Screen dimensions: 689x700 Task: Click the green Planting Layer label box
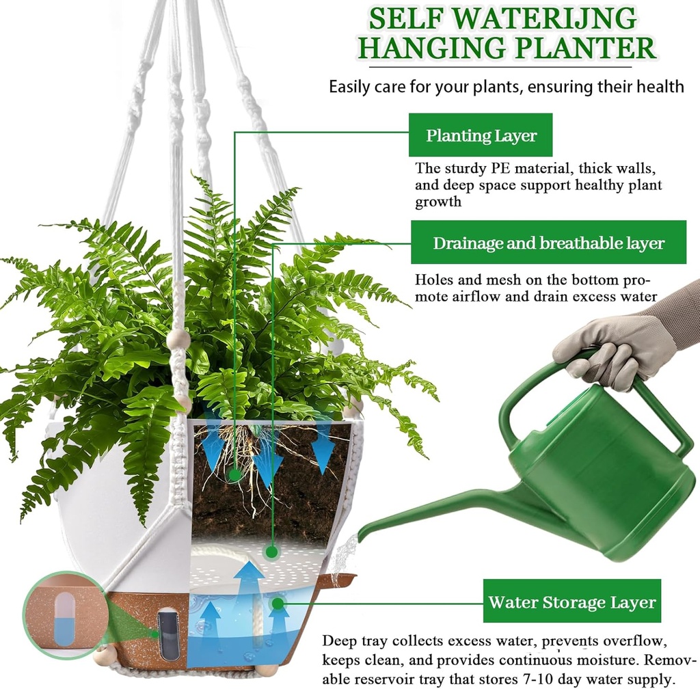[x=481, y=135]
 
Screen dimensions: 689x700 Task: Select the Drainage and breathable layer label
[x=548, y=243]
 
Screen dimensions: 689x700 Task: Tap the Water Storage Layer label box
[x=571, y=602]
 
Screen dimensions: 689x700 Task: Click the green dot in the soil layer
[x=234, y=474]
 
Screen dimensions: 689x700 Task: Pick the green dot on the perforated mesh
[x=272, y=551]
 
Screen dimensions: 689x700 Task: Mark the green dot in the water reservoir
[x=277, y=603]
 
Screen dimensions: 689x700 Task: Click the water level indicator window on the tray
[x=167, y=634]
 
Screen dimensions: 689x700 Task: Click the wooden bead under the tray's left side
[x=106, y=657]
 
